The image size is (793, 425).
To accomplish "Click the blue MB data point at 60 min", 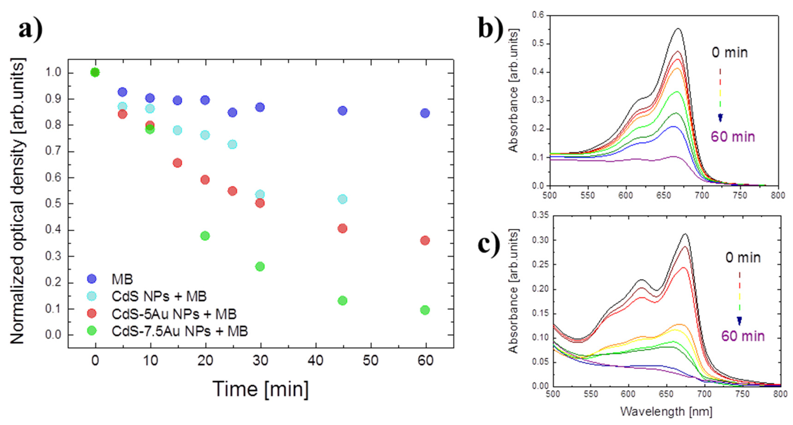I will click(425, 113).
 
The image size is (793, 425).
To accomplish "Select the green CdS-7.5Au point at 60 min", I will click(425, 310).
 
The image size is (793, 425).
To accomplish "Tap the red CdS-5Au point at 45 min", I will click(342, 229).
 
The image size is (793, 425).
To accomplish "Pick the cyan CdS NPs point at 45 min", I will click(342, 199).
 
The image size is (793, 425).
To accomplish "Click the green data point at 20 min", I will click(205, 236).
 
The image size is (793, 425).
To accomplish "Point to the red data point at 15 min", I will click(177, 163).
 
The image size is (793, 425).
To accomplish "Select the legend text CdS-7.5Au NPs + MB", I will click(180, 331).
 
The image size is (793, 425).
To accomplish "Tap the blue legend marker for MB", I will click(92, 279).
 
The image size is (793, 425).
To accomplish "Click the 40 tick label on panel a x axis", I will click(315, 361).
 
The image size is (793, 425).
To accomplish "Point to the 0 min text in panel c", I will click(742, 258).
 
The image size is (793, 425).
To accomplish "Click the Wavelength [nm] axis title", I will click(666, 411).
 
